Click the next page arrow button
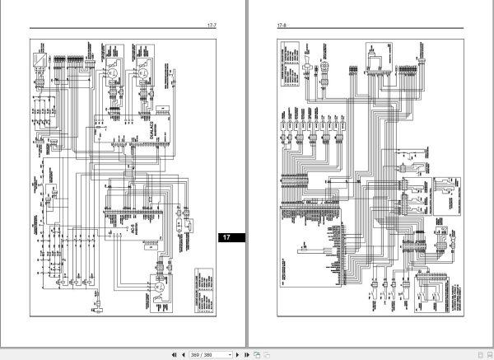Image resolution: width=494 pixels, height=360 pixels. point(236,353)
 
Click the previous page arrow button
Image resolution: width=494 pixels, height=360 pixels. point(183,353)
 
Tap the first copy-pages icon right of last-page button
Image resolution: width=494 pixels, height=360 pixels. point(257,353)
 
